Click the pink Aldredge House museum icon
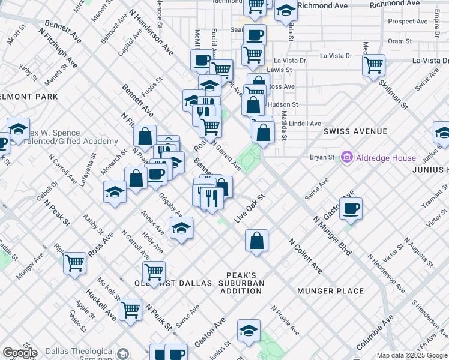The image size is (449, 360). coord(346,158)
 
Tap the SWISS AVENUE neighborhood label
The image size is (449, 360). coord(355,131)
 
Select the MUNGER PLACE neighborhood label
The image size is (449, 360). coord(330,291)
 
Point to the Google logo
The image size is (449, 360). coord(20,353)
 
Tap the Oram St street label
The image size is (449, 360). coord(400,41)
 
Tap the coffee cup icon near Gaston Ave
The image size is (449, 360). coord(351,208)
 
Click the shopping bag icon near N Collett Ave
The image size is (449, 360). coord(256,240)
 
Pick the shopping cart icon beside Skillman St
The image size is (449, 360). coord(374,64)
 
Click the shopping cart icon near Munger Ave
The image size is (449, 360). coord(74,262)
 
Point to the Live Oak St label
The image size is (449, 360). coord(249,208)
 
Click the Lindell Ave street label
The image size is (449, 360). coord(305,124)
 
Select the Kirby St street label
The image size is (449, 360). coord(28,72)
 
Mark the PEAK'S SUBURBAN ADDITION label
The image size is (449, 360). coord(240,287)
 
